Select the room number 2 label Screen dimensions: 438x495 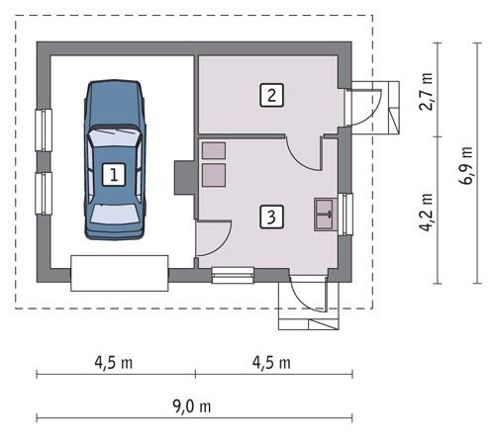270,96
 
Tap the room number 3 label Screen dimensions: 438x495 270,215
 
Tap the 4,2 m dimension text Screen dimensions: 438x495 427,211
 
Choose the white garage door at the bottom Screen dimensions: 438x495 119,272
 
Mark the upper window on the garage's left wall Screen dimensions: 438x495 43,130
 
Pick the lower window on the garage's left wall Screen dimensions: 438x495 43,192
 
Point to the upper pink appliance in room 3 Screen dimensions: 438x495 213,150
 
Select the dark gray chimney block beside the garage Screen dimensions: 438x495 183,178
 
